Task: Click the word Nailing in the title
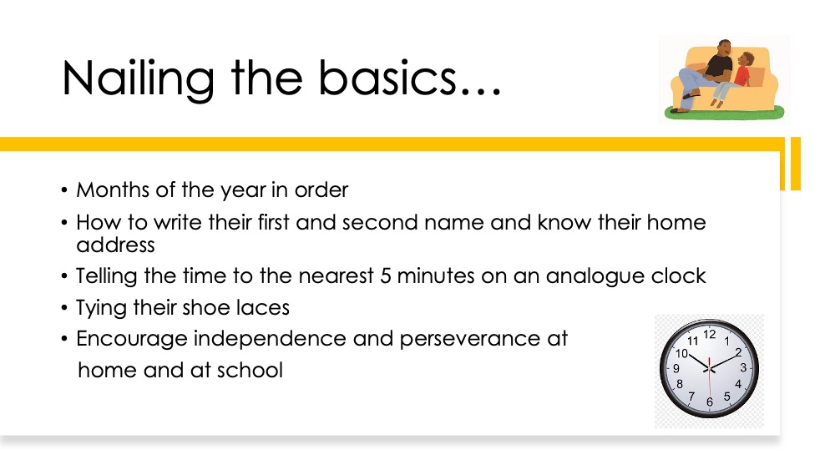[x=138, y=78]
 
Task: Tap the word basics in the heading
[x=387, y=78]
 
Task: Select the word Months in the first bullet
[x=113, y=190]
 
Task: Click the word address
[x=115, y=245]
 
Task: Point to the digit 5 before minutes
[x=385, y=275]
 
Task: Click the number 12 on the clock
[x=709, y=334]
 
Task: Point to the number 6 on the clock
[x=709, y=402]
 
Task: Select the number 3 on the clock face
[x=743, y=368]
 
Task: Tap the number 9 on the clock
[x=676, y=368]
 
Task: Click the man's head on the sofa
[x=723, y=48]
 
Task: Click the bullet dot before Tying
[x=64, y=308]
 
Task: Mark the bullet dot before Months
[x=64, y=190]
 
